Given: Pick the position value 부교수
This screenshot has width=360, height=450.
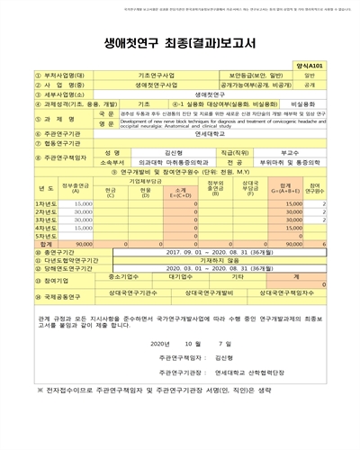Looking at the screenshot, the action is click(x=290, y=153).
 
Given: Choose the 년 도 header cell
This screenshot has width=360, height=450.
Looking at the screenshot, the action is click(x=26, y=190).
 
